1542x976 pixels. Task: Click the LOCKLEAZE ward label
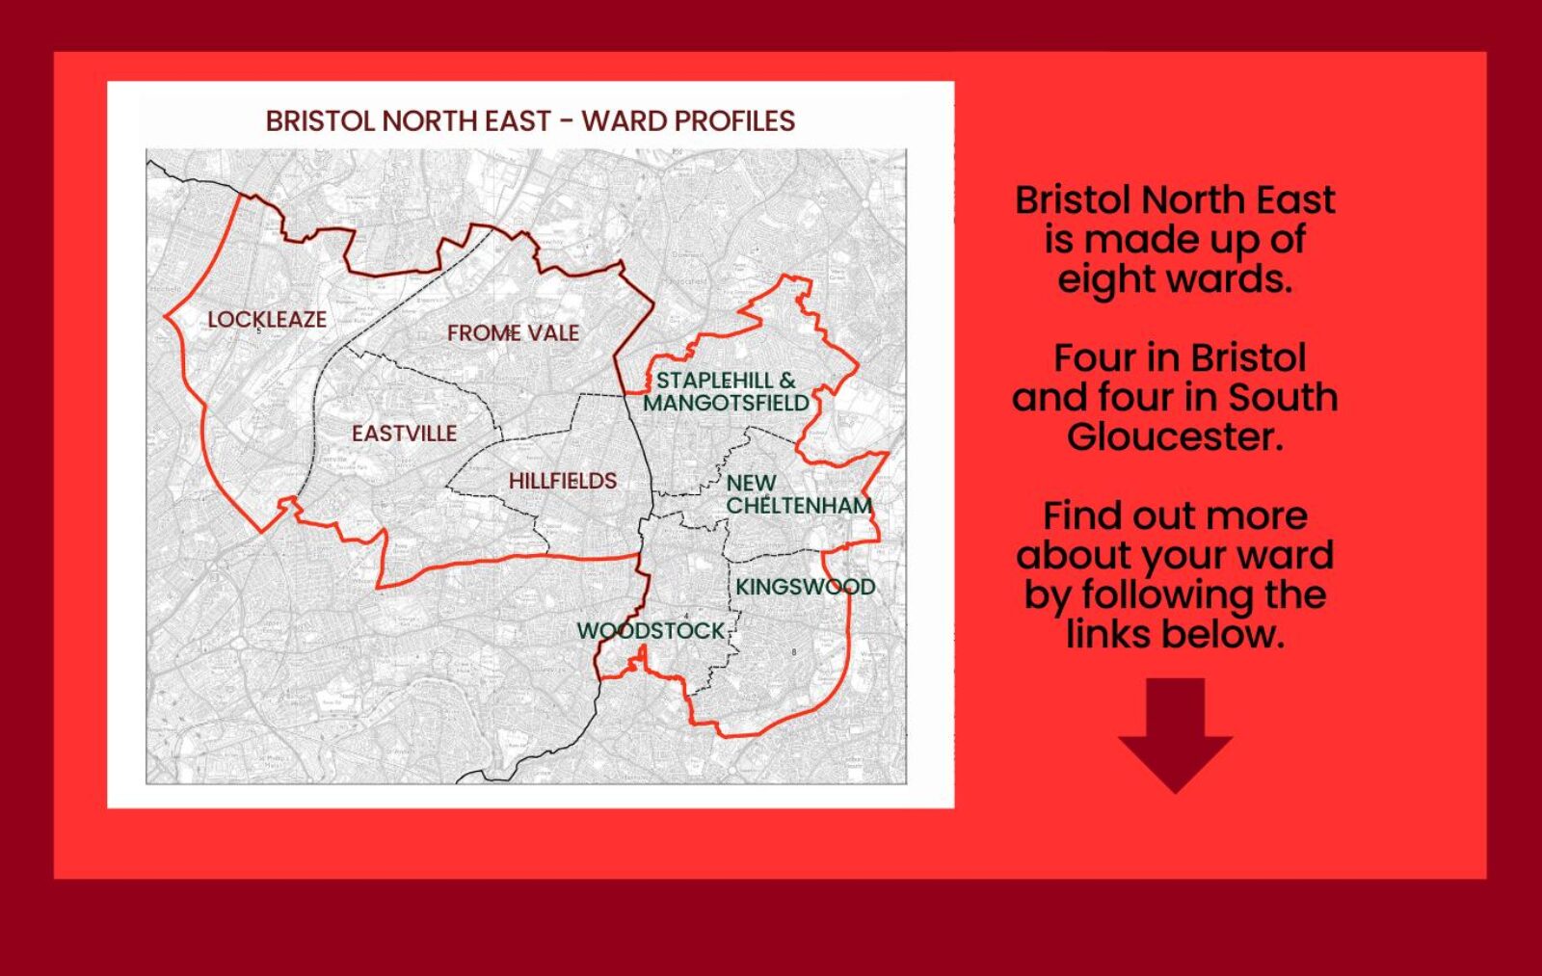coord(267,320)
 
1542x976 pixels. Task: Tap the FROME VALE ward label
coord(513,333)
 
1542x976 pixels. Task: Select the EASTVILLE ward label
coord(404,434)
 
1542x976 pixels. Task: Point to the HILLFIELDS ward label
coord(563,481)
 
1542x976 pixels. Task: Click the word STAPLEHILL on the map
coord(715,381)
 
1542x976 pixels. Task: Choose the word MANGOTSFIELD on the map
coord(726,403)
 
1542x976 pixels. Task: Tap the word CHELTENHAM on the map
coord(799,506)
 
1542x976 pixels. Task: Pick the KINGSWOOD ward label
coord(805,587)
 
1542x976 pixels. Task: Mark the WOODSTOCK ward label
coord(651,631)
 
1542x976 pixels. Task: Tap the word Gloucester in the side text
coord(1175,436)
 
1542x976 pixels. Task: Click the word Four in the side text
coord(1094,358)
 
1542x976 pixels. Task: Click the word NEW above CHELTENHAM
coord(751,484)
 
